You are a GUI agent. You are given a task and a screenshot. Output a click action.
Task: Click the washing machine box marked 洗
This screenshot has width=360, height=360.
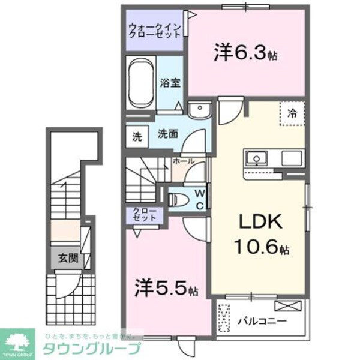pos(137,136)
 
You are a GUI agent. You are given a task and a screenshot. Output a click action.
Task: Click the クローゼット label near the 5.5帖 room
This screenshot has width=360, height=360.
pos(146,215)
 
